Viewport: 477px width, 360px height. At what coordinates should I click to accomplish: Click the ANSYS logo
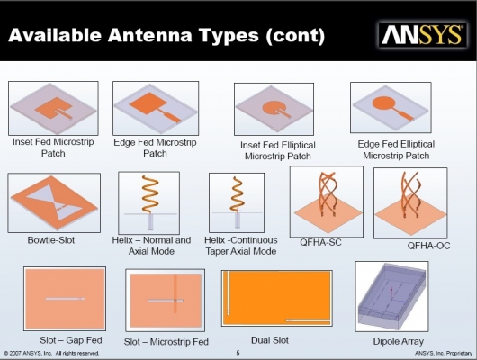(423, 35)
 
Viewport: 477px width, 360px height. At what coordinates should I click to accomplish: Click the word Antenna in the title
(149, 35)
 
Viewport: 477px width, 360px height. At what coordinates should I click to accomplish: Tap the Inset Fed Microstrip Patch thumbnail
(53, 108)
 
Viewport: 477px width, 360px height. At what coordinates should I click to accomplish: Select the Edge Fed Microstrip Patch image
(156, 108)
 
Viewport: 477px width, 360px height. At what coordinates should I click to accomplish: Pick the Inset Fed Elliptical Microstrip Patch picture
(274, 109)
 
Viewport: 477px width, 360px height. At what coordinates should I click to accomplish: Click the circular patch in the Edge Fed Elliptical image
(383, 103)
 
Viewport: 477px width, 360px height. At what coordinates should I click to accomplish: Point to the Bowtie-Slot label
(51, 240)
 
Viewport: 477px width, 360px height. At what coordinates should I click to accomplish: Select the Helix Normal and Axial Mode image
(149, 202)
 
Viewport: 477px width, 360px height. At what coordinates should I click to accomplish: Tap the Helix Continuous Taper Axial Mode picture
(237, 202)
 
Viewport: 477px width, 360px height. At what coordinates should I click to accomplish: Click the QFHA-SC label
(320, 242)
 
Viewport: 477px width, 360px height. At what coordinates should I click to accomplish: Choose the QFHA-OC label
(428, 246)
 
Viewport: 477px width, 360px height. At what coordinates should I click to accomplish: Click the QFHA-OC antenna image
(410, 203)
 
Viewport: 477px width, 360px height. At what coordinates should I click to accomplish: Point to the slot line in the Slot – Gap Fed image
(65, 299)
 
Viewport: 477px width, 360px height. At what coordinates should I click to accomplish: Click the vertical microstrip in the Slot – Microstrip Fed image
(175, 293)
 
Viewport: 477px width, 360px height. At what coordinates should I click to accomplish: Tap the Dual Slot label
(270, 340)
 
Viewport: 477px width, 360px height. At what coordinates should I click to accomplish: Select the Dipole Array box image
(391, 296)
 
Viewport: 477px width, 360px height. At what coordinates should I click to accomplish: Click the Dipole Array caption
(399, 341)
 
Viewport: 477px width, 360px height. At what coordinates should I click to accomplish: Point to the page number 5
(238, 353)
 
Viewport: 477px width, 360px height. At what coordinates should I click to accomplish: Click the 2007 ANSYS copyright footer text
(51, 354)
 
